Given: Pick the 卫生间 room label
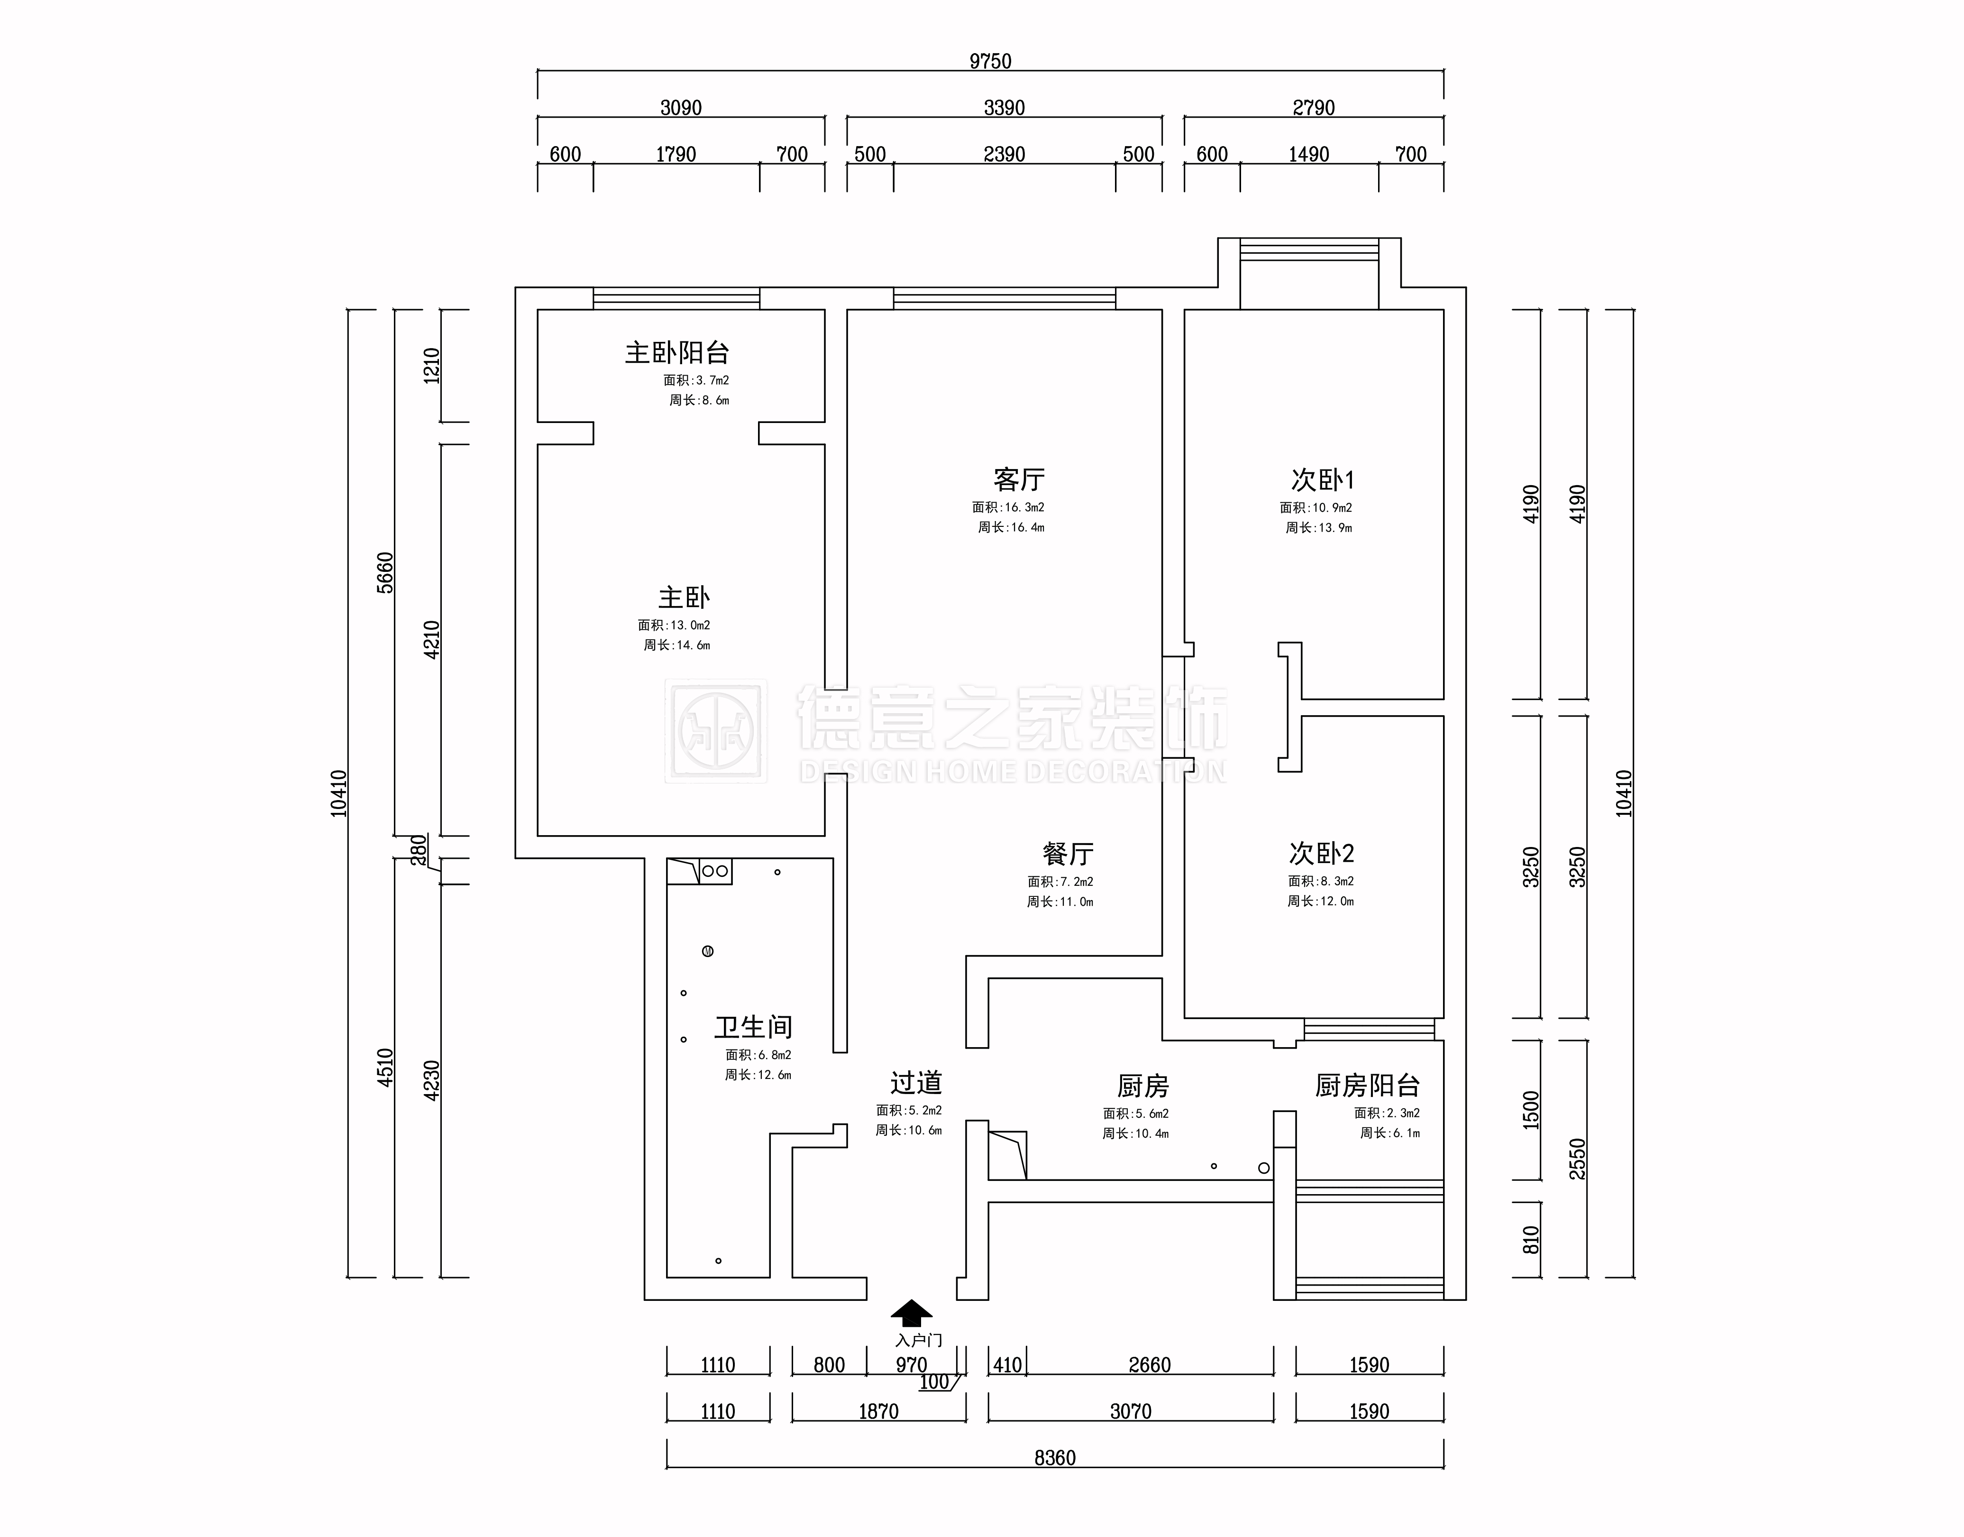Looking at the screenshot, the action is [x=754, y=1027].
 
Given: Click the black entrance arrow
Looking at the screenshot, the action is [x=912, y=1313].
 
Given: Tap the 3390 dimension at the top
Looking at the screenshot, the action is [x=1004, y=108].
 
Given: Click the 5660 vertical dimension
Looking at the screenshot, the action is [x=385, y=572].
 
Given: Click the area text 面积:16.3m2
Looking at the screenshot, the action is [x=1008, y=507].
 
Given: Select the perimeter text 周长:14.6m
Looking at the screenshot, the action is [x=676, y=645].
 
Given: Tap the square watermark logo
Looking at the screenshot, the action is [x=716, y=731].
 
